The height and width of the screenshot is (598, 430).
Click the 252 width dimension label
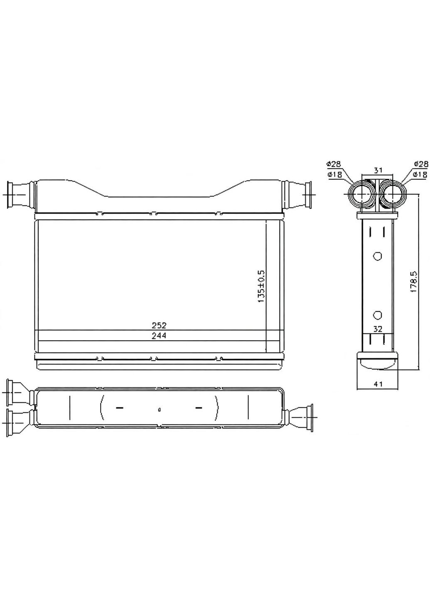(159, 326)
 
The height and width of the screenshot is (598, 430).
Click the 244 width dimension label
(159, 336)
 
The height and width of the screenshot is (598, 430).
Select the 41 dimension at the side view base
(378, 384)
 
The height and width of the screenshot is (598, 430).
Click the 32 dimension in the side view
(378, 329)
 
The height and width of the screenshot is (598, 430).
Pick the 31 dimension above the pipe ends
(377, 170)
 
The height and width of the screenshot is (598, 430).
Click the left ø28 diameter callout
(333, 164)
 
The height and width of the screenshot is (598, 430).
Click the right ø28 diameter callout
(421, 164)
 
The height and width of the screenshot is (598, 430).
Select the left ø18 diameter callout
(333, 175)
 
